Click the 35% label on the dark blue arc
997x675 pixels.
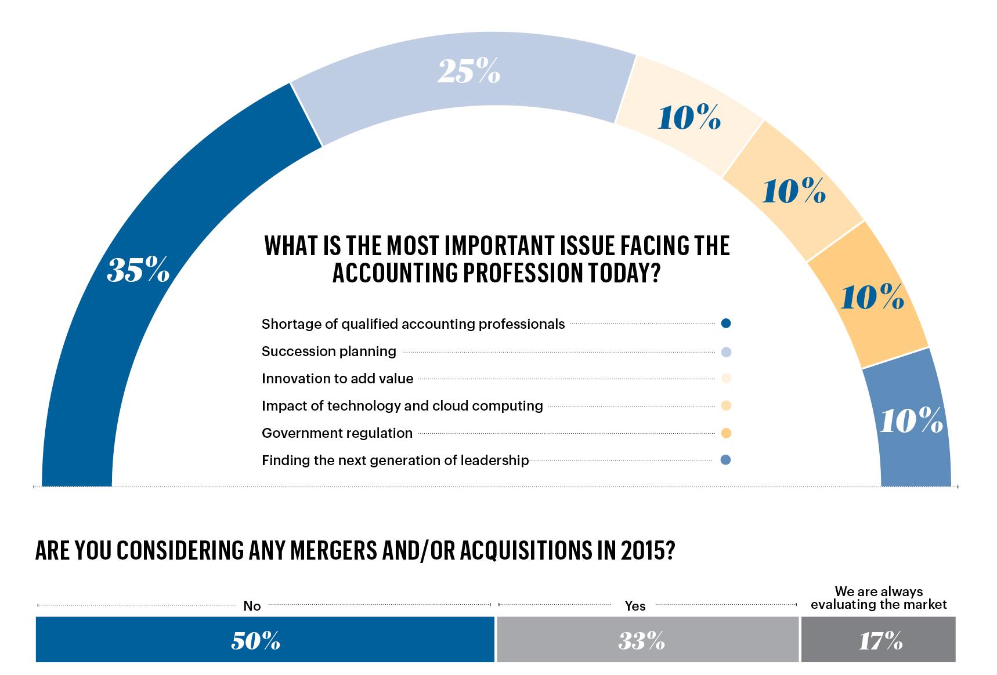[x=138, y=270]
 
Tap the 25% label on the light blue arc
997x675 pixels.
[x=468, y=72]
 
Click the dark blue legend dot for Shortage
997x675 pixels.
[x=725, y=324]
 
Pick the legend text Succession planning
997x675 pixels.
[x=328, y=351]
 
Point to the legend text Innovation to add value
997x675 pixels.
[x=337, y=379]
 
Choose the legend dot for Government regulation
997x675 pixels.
[x=725, y=433]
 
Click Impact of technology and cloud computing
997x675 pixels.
[x=402, y=406]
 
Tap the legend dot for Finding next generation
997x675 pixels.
[x=725, y=460]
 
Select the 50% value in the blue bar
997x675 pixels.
[x=255, y=641]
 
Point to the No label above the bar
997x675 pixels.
[x=252, y=606]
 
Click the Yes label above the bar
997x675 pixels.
[x=635, y=606]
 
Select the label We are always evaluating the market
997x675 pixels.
[x=879, y=598]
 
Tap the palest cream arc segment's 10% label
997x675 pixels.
[x=689, y=118]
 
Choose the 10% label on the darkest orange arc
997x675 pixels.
[x=872, y=298]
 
